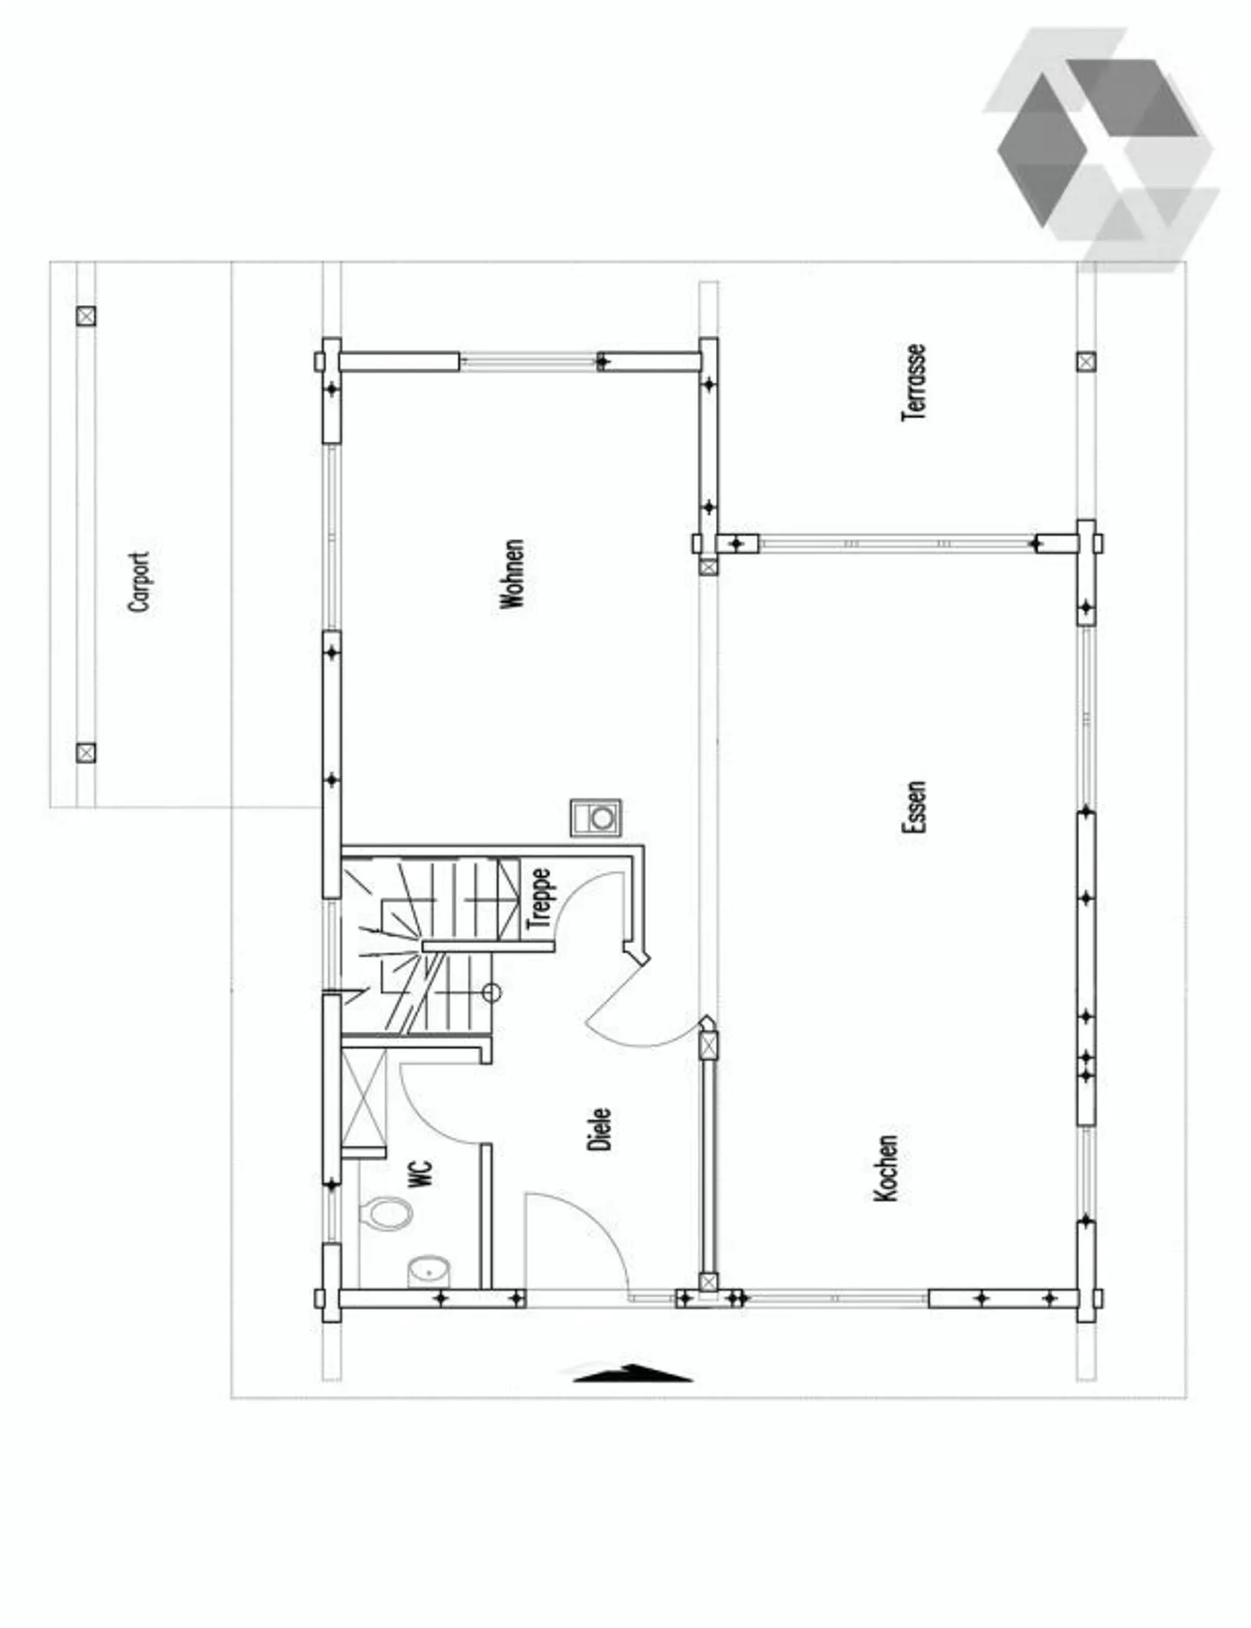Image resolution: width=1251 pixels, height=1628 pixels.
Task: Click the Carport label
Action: pos(140,581)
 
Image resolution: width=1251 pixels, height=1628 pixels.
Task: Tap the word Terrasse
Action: pos(914,383)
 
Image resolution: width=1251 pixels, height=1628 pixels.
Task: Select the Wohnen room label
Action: pos(513,574)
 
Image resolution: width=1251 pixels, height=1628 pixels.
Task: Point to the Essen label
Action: pos(914,807)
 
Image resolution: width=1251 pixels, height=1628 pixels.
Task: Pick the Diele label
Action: pos(599,1129)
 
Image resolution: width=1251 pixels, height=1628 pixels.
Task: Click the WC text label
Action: pos(420,1173)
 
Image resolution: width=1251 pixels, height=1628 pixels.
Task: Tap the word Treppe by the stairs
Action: pos(539,898)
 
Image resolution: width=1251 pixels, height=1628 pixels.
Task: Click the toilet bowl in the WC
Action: pos(387,1213)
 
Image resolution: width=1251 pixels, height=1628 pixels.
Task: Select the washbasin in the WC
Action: pos(428,1271)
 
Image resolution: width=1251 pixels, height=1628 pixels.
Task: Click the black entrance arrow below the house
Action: pos(632,1373)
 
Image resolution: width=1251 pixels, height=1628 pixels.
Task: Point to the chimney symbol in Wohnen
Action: pos(596,818)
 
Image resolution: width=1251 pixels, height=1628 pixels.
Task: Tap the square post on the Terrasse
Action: pos(1086,362)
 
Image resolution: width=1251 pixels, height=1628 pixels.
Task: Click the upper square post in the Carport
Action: pos(85,316)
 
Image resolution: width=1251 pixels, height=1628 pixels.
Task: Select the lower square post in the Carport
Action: pos(85,753)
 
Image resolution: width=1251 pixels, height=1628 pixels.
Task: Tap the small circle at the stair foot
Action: pos(492,992)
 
